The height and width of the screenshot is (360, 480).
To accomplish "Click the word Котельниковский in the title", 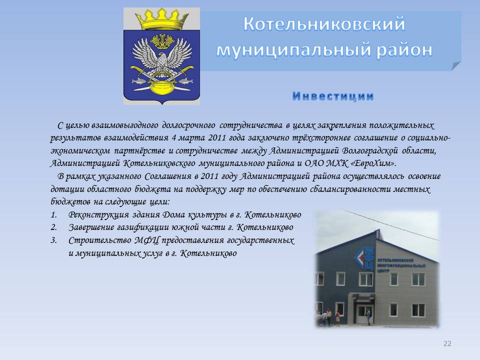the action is tap(324, 24).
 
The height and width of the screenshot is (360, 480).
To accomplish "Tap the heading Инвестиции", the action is tap(333, 96).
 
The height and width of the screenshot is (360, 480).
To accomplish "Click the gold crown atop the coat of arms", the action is tap(161, 19).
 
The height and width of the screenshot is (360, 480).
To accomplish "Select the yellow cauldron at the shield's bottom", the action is tap(161, 88).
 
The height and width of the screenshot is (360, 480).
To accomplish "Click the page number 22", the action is tap(447, 343).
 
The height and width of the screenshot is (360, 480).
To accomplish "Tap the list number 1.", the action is tap(53, 215).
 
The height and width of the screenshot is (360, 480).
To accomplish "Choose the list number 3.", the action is tap(54, 240).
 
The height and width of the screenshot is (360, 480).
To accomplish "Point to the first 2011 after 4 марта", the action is tap(216, 138).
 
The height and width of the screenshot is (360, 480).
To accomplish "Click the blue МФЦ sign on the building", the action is tap(365, 258).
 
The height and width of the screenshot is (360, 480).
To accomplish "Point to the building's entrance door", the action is tap(365, 313).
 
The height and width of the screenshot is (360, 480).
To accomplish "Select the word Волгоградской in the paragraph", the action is tap(370, 151).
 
